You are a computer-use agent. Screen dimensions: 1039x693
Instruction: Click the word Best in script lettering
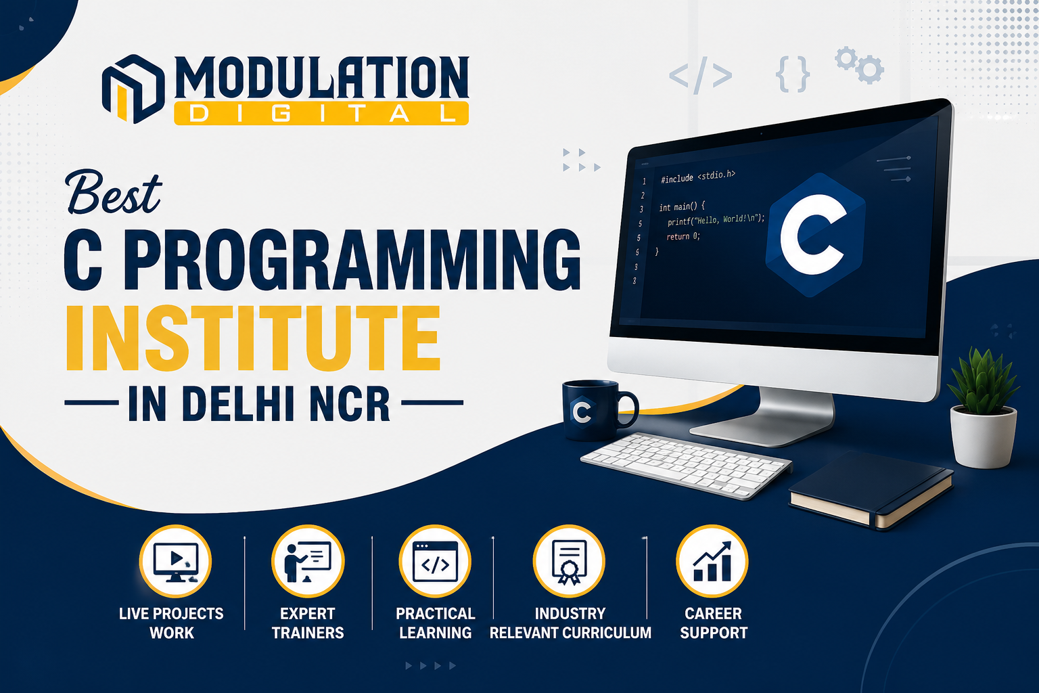click(114, 192)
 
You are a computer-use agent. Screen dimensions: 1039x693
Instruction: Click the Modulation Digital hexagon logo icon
click(133, 89)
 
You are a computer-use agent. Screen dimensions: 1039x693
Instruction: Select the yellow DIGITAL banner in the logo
click(321, 114)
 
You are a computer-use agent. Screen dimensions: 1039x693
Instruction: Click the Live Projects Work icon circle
click(175, 561)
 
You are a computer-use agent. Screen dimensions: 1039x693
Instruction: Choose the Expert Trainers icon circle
click(308, 561)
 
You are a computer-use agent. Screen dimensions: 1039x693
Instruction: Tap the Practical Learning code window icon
click(435, 561)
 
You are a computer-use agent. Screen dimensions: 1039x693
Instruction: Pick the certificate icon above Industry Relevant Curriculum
click(569, 561)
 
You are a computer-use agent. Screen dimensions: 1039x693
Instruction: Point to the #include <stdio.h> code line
click(698, 177)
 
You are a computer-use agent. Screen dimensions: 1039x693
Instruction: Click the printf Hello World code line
click(716, 220)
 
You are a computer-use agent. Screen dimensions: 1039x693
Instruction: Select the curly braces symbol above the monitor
click(793, 74)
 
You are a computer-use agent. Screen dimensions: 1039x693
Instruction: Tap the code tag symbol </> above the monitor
click(700, 74)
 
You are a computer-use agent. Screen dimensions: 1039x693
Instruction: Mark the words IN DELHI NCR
click(259, 403)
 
